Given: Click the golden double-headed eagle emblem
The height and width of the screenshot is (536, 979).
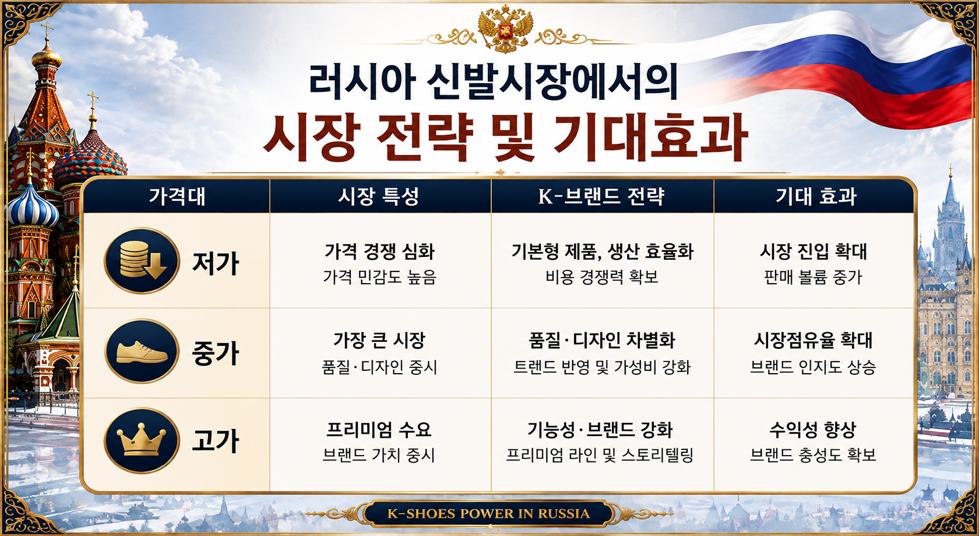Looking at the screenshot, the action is [505, 29].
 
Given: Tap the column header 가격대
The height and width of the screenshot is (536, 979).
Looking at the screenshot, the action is [177, 196].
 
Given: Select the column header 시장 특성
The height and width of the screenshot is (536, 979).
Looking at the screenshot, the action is [379, 196].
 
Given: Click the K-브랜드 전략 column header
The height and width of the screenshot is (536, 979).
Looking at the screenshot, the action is [602, 196].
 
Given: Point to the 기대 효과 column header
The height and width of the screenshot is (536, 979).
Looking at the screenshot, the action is [816, 196].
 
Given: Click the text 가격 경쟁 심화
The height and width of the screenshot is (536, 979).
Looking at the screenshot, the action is [379, 251].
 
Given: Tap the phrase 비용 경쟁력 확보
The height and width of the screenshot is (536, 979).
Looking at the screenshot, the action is [602, 277].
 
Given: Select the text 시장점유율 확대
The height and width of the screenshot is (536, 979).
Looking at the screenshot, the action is [813, 340].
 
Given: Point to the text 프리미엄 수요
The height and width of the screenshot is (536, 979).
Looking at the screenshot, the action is [379, 429].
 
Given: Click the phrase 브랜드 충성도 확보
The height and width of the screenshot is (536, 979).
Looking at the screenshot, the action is [813, 455].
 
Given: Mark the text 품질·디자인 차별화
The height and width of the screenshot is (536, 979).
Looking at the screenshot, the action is [602, 340].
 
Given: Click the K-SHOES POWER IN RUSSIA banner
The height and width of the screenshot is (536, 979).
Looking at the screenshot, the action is [488, 513].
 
